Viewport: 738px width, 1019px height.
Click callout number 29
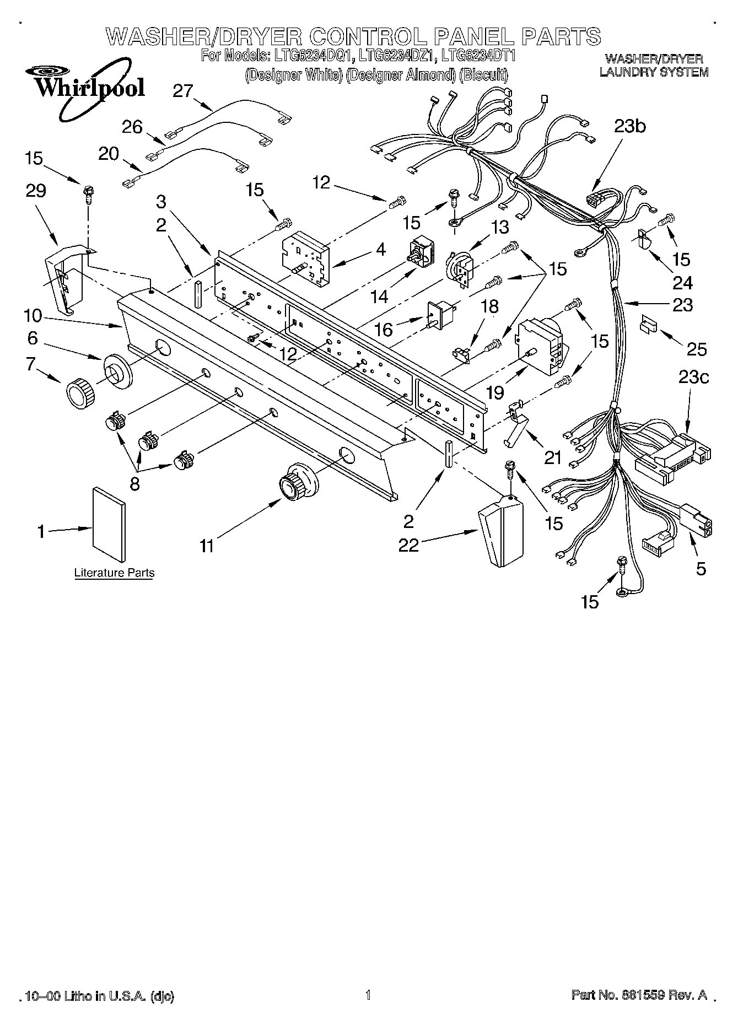(35, 191)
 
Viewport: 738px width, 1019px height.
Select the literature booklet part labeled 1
(109, 517)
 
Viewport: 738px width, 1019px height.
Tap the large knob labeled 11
(298, 481)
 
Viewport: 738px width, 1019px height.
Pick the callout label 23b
(631, 126)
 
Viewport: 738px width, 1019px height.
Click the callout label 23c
(693, 378)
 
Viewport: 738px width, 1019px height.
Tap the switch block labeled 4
(303, 257)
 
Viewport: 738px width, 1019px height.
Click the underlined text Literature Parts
(114, 573)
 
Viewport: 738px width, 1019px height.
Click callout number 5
(701, 568)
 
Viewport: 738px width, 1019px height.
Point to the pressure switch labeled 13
(459, 267)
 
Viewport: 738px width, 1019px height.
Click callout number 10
(33, 316)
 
